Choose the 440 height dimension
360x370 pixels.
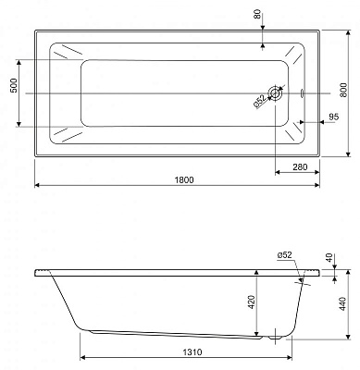click(343, 304)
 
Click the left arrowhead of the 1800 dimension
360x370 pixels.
click(38, 184)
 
